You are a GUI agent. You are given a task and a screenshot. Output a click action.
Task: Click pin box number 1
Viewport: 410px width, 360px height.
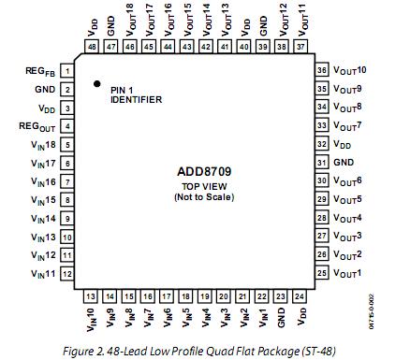(x=67, y=71)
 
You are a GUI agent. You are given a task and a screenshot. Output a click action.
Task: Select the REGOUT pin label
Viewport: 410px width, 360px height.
(x=37, y=126)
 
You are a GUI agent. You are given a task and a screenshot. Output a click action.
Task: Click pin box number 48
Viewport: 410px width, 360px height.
(x=94, y=45)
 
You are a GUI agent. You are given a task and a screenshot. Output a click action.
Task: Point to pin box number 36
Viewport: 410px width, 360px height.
(x=322, y=71)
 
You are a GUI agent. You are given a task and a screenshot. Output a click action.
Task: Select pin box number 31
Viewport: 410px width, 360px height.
(x=322, y=163)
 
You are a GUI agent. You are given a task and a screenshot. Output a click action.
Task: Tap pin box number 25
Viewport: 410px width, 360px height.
(x=322, y=273)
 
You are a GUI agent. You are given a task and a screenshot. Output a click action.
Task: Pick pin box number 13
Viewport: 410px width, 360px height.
(x=92, y=296)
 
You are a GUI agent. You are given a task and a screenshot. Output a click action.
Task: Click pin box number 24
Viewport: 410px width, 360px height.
(x=300, y=296)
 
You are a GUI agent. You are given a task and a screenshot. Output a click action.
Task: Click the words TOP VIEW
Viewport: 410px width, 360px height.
(x=204, y=188)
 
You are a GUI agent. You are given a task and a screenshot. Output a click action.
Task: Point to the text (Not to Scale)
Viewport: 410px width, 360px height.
(x=204, y=197)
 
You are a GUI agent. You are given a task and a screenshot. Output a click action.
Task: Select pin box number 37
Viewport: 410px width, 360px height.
(x=300, y=45)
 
